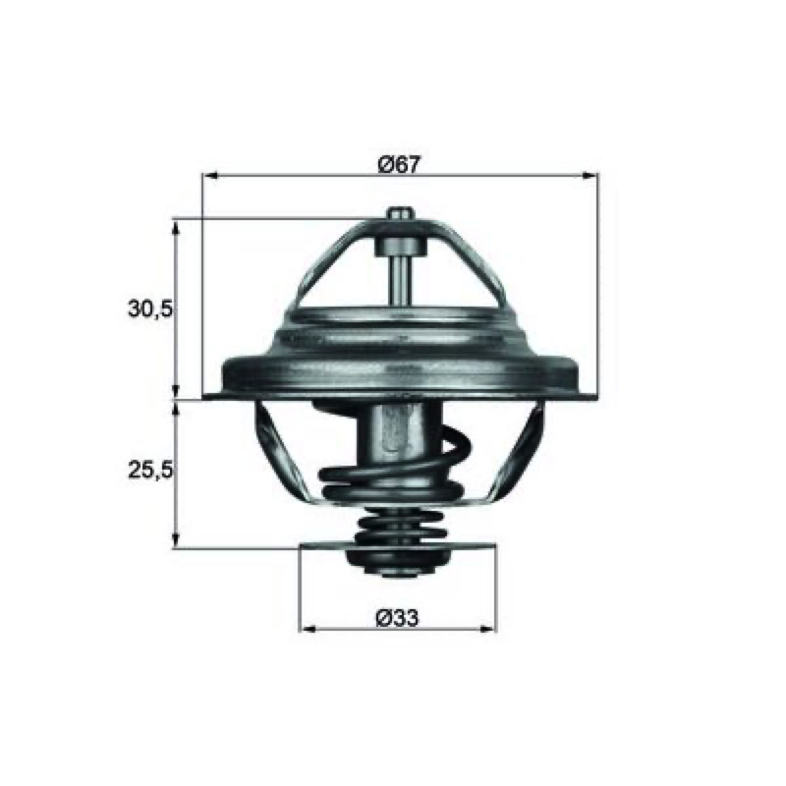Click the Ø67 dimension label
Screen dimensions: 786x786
[399, 164]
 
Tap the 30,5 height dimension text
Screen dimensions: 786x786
[150, 309]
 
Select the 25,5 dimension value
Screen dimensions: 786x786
[150, 470]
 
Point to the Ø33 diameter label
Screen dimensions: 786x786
[397, 618]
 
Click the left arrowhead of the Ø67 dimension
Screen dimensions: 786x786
[209, 176]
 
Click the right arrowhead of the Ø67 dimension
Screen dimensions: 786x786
[590, 176]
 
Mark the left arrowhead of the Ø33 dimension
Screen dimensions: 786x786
[307, 629]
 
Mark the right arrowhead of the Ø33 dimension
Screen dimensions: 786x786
[488, 629]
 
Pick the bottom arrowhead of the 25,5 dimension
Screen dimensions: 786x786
[175, 541]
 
